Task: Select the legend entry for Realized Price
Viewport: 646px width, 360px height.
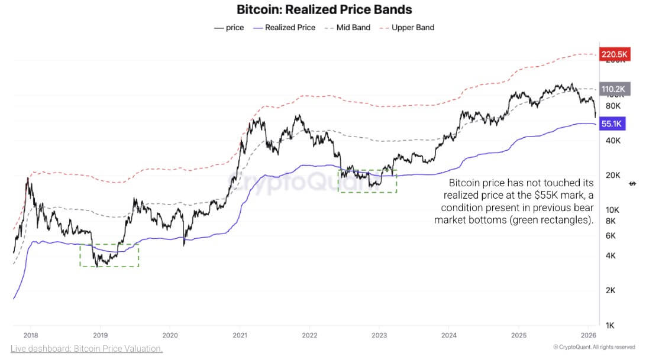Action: [284, 28]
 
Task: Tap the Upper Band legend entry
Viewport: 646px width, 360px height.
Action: [409, 28]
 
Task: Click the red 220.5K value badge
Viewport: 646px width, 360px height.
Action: [613, 55]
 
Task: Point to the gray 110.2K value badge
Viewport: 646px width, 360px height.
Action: [613, 89]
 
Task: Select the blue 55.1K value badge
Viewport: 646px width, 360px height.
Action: [611, 124]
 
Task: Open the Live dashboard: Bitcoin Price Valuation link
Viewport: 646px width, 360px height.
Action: [86, 349]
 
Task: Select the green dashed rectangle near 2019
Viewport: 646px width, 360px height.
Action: [109, 255]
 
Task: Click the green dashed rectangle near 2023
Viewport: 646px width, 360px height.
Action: [367, 181]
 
